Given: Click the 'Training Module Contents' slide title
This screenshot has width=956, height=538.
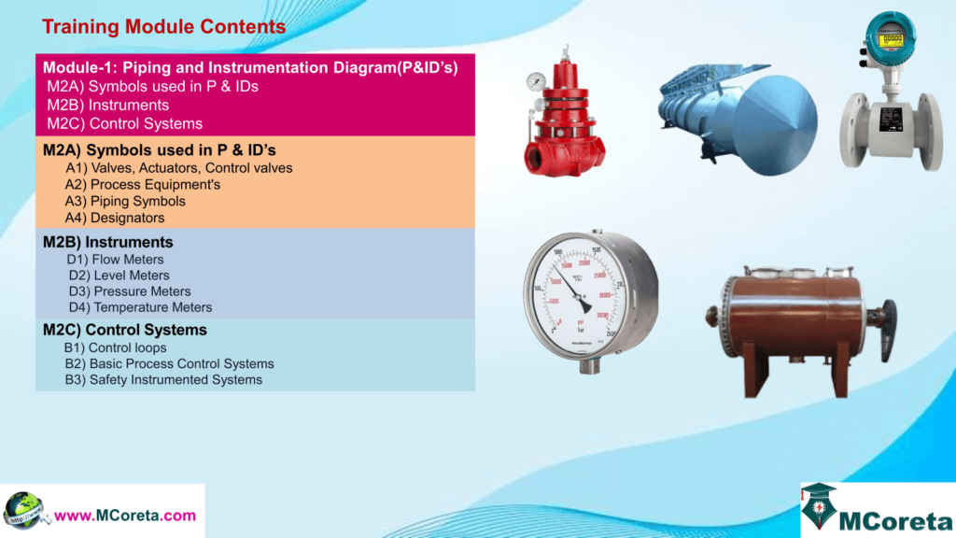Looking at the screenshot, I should click(164, 27).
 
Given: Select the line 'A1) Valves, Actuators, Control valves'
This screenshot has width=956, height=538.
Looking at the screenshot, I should click(178, 168).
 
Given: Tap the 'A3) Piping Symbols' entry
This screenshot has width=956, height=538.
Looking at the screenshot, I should click(125, 201).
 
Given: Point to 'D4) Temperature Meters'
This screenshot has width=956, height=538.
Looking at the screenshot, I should click(140, 307).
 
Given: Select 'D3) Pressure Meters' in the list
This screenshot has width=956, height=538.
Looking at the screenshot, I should click(130, 291).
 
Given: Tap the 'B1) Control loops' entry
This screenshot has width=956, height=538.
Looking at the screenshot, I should click(115, 347).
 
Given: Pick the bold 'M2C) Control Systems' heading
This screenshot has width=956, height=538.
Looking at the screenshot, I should click(125, 330).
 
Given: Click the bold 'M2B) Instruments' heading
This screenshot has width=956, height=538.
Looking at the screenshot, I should click(108, 242).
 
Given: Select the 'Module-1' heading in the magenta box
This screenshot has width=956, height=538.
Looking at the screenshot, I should click(250, 67).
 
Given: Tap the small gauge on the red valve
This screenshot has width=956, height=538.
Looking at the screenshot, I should click(536, 82).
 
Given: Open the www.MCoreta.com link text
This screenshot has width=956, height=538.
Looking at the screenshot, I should click(125, 515).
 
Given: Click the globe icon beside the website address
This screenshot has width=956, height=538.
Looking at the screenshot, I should click(25, 510).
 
